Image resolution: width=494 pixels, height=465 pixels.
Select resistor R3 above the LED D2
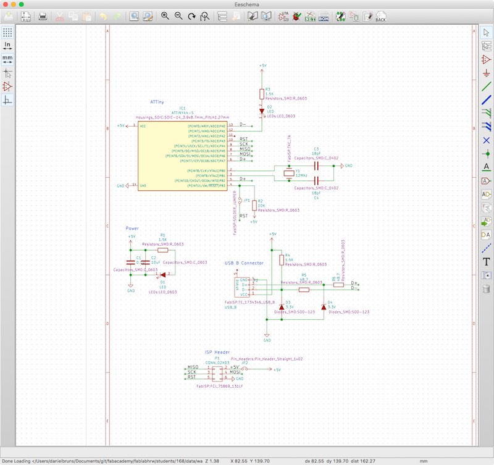[x=262, y=93]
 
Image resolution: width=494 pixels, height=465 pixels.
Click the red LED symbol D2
[x=262, y=112]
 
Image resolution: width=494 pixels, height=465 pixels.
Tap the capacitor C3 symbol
[x=316, y=165]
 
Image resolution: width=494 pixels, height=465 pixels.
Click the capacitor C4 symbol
[x=316, y=182]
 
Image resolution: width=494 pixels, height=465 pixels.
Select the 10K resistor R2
[x=254, y=205]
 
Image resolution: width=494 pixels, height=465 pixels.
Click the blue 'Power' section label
[x=132, y=228]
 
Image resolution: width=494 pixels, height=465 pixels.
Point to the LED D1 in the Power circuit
[x=163, y=275]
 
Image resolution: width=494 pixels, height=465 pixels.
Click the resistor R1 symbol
[x=162, y=251]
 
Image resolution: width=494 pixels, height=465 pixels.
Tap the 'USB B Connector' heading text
[x=244, y=262]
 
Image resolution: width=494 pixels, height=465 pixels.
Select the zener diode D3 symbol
[x=282, y=307]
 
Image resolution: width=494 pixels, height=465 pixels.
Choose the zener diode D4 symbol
[x=324, y=307]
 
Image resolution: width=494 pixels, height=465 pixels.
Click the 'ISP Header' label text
[x=217, y=352]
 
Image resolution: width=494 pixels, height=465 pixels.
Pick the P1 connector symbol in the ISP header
[x=217, y=372]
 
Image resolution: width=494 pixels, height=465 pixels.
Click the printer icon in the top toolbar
[x=43, y=16]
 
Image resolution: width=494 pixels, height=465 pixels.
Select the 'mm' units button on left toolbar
[x=7, y=59]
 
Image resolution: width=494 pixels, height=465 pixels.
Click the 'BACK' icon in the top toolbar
[x=380, y=16]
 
